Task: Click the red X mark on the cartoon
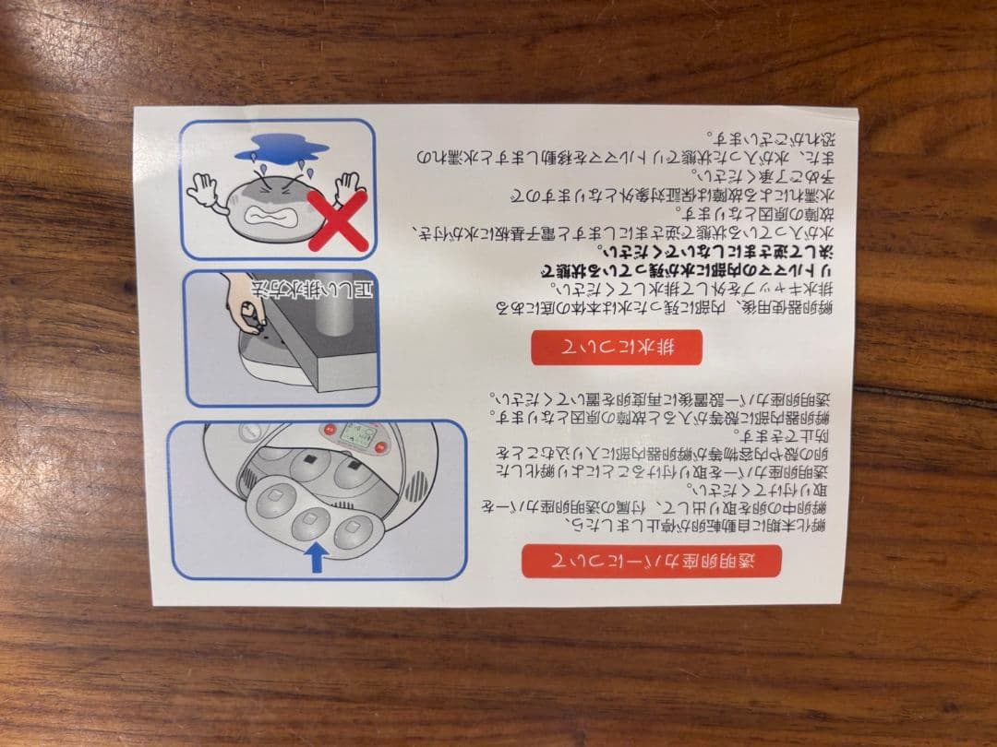coord(337,220)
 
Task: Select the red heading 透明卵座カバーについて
coord(651,561)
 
